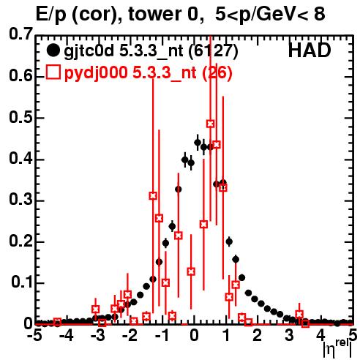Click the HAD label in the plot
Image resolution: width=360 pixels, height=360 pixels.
coord(310,50)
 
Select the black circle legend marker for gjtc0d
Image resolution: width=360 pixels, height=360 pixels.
coord(53,50)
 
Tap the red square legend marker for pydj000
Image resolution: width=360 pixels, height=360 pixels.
coord(53,72)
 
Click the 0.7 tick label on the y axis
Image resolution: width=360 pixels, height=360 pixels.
coord(21,34)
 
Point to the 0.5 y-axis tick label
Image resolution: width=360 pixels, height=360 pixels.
coord(21,117)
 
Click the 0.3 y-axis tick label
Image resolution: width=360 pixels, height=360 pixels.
coord(21,199)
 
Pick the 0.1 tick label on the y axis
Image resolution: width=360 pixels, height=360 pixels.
coord(22,282)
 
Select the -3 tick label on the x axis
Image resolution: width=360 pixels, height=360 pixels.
coord(98,335)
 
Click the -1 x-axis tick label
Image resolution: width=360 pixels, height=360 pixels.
coord(162,335)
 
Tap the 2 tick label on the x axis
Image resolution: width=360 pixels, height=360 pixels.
coord(258,335)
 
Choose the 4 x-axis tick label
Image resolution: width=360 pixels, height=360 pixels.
coord(320,335)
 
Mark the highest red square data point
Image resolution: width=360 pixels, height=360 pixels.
coord(211,124)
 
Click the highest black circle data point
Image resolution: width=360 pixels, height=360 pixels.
coord(198,143)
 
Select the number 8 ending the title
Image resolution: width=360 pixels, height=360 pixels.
coord(319,14)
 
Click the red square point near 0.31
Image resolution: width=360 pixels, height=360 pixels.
coord(153,195)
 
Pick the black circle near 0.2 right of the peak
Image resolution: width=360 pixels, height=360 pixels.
coord(229,241)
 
